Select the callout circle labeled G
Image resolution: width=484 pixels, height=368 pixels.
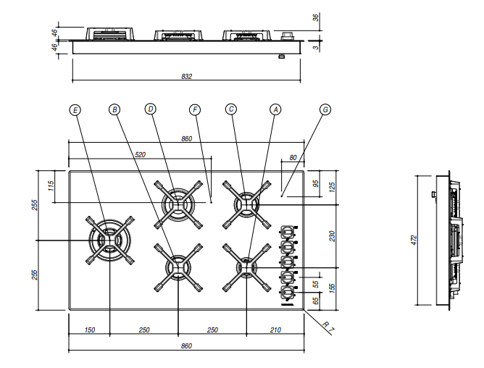click(x=325, y=109)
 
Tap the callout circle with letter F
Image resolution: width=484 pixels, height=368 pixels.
click(x=194, y=109)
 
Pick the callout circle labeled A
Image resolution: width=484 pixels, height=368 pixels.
click(x=275, y=109)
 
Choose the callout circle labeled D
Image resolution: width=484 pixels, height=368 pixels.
click(x=151, y=109)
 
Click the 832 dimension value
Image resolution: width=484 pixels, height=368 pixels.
click(x=186, y=76)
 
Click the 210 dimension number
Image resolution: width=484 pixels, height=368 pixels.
click(x=275, y=330)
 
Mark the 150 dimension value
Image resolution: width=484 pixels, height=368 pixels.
click(x=89, y=330)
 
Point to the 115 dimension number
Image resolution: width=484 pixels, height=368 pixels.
click(x=51, y=185)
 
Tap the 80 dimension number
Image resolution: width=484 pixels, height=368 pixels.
click(x=293, y=157)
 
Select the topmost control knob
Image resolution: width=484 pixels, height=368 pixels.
click(x=288, y=233)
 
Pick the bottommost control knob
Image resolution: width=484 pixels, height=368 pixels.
click(x=288, y=291)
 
